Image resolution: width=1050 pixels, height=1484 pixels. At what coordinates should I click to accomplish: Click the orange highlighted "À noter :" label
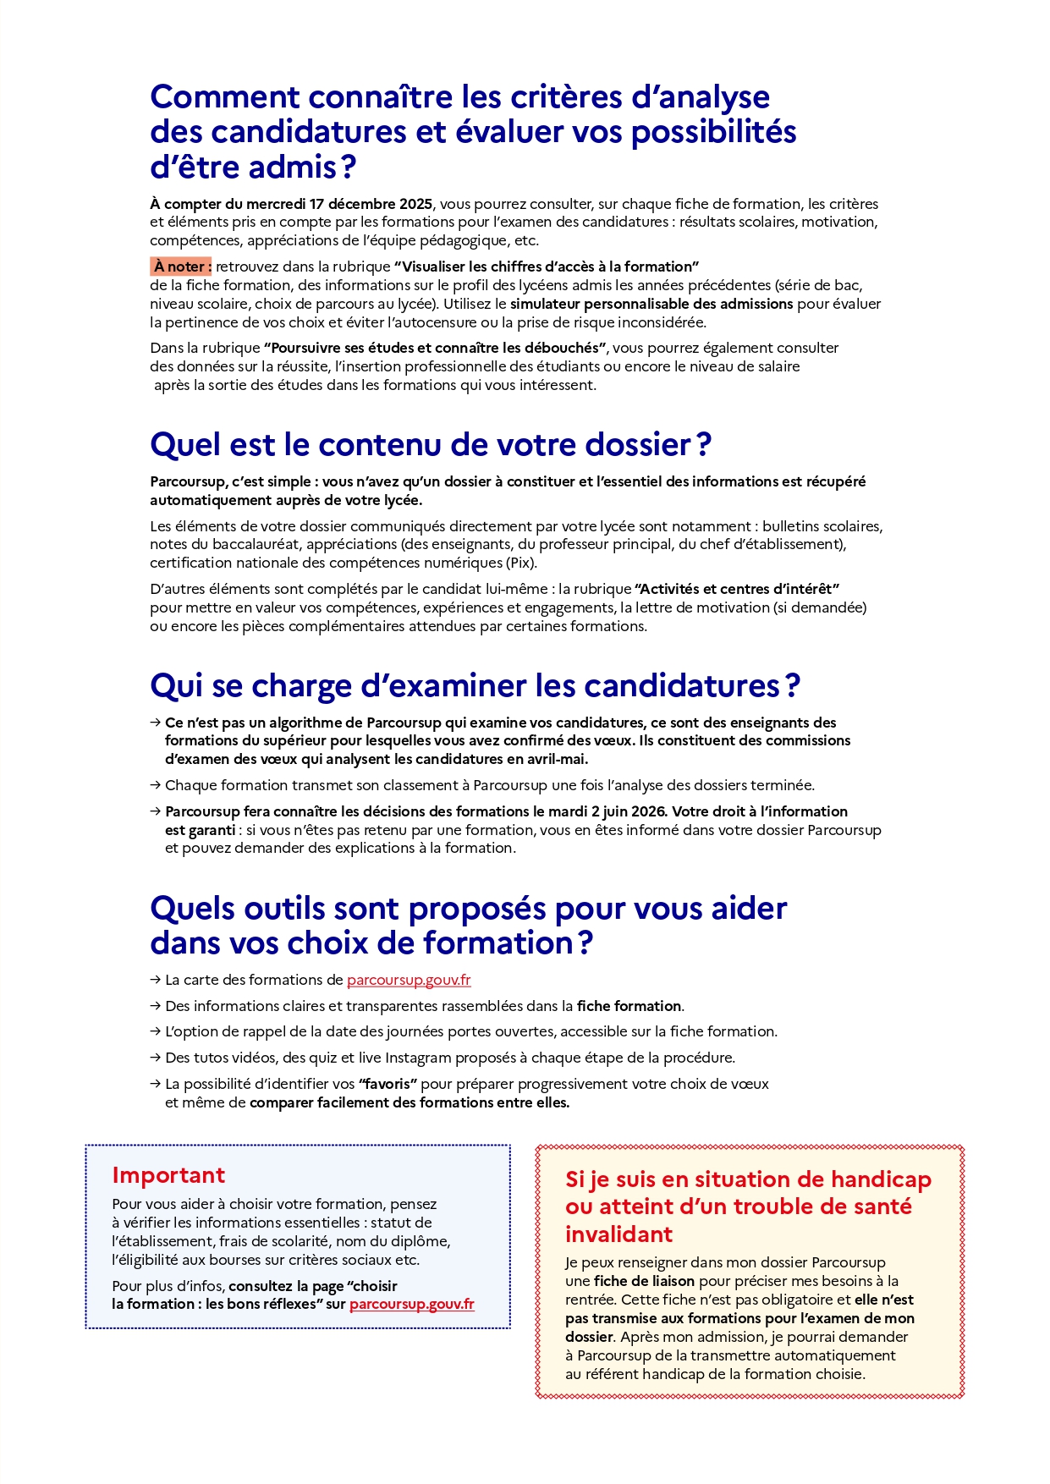click(181, 267)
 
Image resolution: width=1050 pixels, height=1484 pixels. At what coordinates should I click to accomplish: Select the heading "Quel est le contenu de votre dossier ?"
click(431, 445)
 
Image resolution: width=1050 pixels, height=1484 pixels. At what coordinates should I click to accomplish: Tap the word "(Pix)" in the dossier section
click(521, 563)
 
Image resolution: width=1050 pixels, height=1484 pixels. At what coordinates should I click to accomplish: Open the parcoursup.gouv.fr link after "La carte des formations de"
click(409, 980)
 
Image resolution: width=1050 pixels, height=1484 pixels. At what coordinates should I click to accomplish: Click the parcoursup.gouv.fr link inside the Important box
click(412, 1304)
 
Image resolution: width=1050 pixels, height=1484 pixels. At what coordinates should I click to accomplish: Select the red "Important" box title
click(168, 1175)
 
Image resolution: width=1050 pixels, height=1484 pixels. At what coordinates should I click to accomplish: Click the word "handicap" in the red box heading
click(881, 1179)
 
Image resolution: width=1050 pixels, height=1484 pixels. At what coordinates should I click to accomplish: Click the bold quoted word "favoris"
click(388, 1084)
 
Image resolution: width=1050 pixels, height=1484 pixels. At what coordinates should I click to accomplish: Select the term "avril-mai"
click(556, 759)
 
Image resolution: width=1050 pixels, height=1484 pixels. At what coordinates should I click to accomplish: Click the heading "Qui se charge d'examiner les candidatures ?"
click(475, 686)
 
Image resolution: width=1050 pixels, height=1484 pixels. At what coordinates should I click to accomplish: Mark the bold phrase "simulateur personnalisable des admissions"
click(651, 304)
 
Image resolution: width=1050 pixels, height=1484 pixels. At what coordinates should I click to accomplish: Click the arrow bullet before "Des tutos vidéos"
click(156, 1058)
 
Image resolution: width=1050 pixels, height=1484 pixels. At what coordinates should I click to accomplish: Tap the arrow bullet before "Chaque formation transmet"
click(156, 785)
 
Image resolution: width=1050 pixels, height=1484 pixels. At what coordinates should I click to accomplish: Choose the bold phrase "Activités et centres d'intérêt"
click(736, 589)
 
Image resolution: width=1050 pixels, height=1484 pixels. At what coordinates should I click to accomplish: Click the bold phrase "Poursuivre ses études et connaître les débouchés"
click(437, 348)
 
